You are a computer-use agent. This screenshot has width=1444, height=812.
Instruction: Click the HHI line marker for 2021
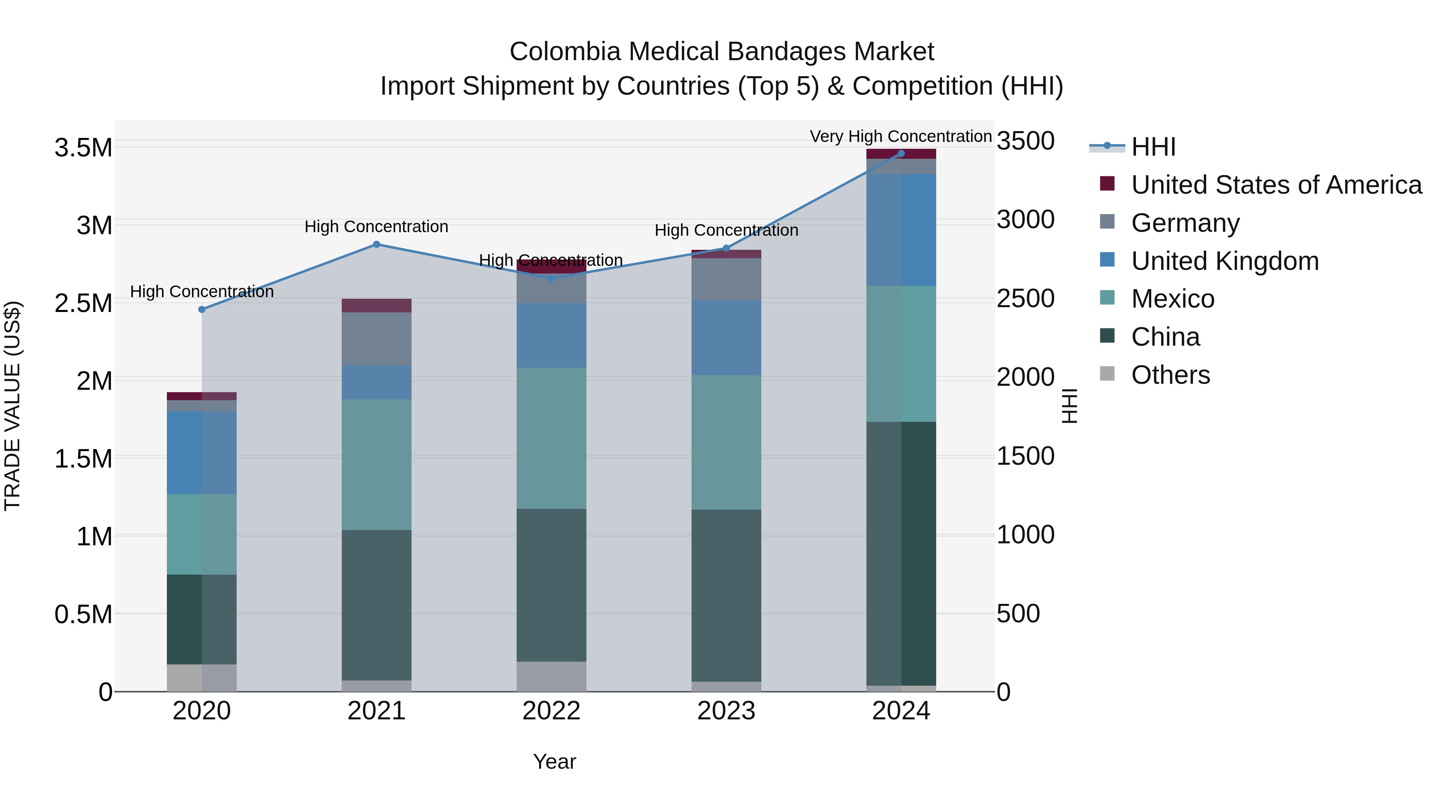click(377, 244)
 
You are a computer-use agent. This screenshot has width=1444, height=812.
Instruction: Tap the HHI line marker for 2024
click(901, 154)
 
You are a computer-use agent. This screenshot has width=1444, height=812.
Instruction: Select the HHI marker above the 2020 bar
click(202, 309)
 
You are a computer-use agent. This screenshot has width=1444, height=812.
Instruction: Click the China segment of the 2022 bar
click(551, 585)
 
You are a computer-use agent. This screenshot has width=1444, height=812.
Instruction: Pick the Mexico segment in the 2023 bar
click(726, 442)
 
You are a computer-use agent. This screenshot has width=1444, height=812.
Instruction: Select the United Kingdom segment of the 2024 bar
click(901, 230)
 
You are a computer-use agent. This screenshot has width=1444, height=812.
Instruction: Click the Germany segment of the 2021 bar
click(377, 338)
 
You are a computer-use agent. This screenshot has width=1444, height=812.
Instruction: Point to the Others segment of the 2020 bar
click(202, 678)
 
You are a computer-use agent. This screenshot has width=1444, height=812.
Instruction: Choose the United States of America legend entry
click(1276, 185)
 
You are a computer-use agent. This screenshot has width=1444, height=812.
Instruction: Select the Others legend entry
click(1170, 375)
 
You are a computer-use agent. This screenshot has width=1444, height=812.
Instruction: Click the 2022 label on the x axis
click(551, 711)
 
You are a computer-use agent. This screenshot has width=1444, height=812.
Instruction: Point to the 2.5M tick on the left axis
click(83, 303)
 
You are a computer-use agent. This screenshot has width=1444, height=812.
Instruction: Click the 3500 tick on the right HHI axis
click(1025, 141)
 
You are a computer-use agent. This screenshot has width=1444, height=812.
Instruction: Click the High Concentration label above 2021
click(376, 227)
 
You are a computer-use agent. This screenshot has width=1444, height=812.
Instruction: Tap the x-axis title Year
click(554, 761)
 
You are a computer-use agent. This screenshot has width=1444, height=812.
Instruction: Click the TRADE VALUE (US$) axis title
click(12, 406)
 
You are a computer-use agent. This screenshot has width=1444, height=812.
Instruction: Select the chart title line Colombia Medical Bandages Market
click(722, 52)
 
